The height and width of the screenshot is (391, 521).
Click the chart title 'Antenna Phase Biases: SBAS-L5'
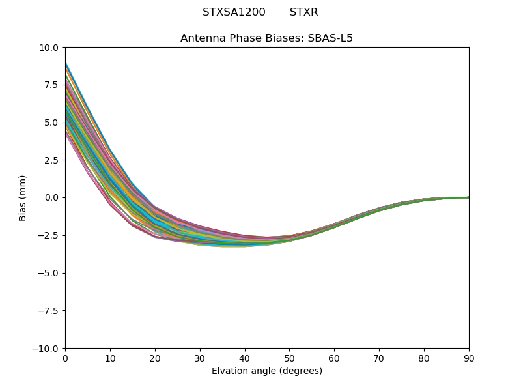point(266,38)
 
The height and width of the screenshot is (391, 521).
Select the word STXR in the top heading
point(303,12)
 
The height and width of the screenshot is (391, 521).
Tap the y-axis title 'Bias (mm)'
point(23,197)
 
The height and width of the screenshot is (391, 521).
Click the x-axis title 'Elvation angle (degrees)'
point(266,371)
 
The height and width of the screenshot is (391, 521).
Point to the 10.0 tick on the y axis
point(49,48)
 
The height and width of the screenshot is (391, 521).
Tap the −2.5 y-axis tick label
point(49,235)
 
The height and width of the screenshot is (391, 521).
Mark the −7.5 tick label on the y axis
point(49,311)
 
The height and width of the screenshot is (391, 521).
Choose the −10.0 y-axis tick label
point(47,349)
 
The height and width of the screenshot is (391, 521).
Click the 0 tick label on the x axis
point(65,358)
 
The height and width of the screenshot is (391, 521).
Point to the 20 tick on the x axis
point(155,358)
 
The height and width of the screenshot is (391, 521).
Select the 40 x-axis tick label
point(245,358)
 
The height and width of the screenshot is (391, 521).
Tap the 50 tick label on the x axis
point(289,358)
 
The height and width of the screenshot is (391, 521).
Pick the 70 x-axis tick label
point(379,358)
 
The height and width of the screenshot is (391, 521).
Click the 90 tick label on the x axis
point(468,358)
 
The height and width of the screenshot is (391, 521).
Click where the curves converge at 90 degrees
point(468,197)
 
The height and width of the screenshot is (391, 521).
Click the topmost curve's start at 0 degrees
point(66,63)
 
